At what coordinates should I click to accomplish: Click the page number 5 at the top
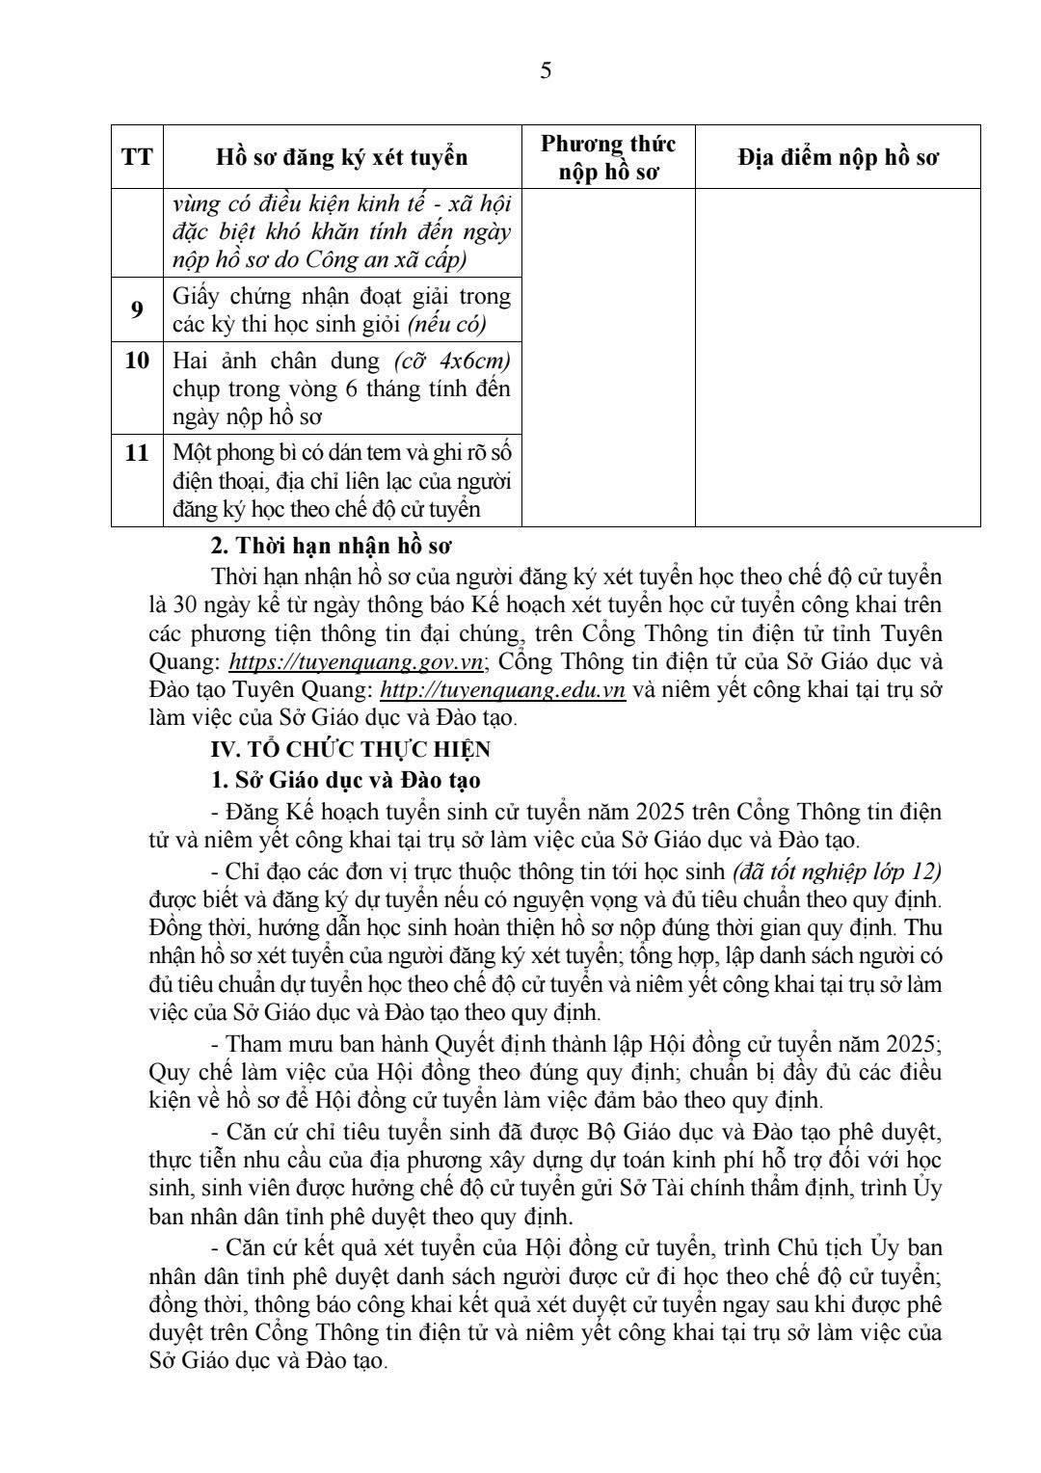(546, 71)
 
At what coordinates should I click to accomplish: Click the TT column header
(137, 156)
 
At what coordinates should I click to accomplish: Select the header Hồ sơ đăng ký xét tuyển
(341, 157)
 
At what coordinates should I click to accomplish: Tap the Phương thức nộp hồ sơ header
(607, 157)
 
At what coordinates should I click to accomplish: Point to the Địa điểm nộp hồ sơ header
(838, 157)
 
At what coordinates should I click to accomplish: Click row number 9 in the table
(137, 308)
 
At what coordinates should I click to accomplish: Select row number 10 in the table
(137, 361)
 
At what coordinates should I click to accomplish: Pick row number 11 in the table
(137, 452)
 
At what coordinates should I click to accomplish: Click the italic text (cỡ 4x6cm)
(452, 361)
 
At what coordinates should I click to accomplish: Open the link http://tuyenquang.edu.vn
(503, 690)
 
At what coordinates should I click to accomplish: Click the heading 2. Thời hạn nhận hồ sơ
(331, 546)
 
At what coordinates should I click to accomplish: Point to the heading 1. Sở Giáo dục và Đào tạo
(345, 779)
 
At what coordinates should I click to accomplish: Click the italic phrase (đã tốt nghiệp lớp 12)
(837, 872)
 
